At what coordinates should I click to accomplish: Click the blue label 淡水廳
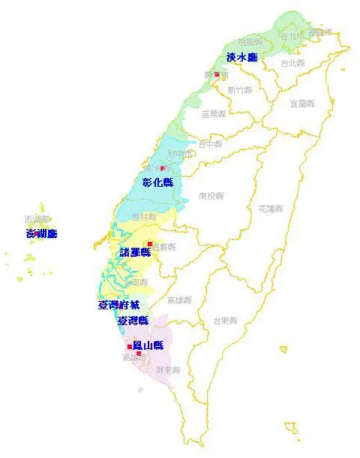pos(241,58)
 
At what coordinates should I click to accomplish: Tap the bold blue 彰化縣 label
pos(157,182)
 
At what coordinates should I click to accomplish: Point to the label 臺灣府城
pos(118,305)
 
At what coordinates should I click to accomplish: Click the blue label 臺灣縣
pos(132,321)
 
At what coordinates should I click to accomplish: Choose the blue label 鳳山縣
pos(148,345)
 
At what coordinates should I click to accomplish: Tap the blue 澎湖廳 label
pos(41,234)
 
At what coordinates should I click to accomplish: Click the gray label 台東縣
pos(224,320)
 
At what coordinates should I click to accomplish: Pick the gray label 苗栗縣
pos(216,114)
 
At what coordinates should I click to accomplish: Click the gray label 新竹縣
pos(239,90)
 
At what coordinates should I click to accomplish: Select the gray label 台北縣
pos(292,63)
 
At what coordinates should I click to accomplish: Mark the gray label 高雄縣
pos(179,300)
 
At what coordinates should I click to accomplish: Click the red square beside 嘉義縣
pos(150,245)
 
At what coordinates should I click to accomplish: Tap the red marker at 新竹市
pos(216,74)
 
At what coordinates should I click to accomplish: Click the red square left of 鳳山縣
pos(130,346)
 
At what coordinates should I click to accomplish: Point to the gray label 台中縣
pos(210,143)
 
